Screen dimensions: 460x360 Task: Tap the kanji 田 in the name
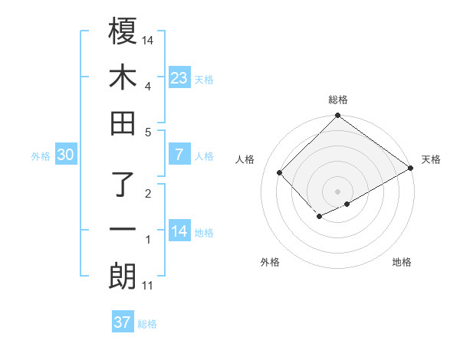click(123, 123)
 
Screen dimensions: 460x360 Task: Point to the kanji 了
click(123, 184)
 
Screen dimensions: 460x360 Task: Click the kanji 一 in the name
click(123, 229)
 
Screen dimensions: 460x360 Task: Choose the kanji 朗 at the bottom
click(123, 276)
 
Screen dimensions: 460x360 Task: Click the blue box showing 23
click(179, 77)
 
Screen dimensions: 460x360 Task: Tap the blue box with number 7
click(179, 155)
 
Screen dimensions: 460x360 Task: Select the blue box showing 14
click(179, 231)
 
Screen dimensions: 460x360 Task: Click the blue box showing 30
click(65, 155)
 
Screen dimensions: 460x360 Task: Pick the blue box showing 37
click(123, 322)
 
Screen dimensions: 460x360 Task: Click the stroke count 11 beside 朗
click(148, 286)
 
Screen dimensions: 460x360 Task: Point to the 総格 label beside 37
click(147, 324)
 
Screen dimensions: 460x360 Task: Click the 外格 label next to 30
click(41, 156)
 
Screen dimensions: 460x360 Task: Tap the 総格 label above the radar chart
click(338, 100)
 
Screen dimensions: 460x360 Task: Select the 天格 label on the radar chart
click(431, 159)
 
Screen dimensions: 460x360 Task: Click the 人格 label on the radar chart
click(245, 159)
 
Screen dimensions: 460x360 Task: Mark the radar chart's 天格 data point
click(411, 168)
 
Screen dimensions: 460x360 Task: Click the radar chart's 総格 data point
click(338, 116)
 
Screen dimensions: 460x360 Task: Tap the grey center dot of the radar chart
click(338, 191)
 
